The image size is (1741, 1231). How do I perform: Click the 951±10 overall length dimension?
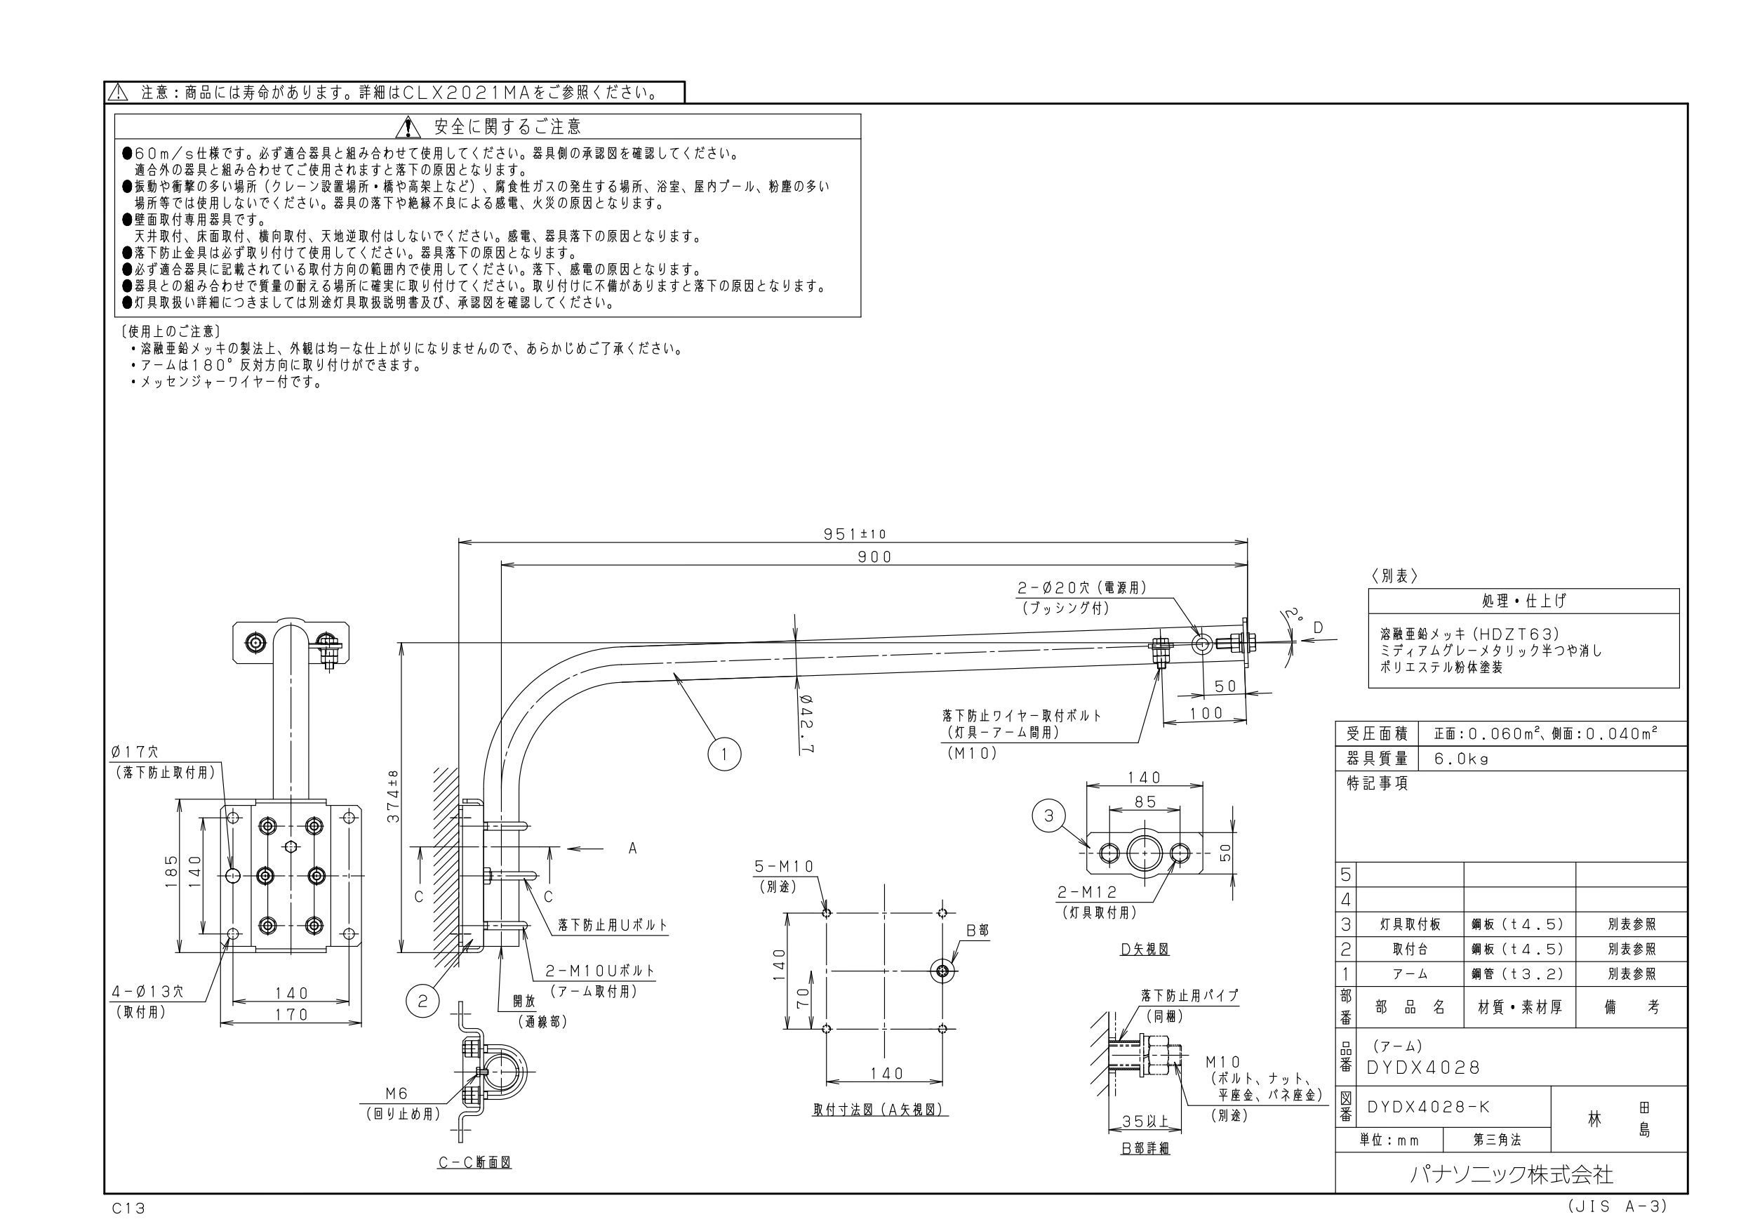(x=855, y=534)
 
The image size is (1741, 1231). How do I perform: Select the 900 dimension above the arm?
(x=874, y=557)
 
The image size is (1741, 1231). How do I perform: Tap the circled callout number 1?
(x=724, y=754)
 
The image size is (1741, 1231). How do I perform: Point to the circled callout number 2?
(x=422, y=1002)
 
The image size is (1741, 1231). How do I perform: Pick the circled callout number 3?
(x=1048, y=816)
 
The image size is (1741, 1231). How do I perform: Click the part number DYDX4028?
(x=1422, y=1068)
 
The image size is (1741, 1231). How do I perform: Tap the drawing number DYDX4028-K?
(x=1429, y=1107)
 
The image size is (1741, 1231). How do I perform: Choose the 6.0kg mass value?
(x=1461, y=759)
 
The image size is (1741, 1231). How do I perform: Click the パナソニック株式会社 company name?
(x=1512, y=1175)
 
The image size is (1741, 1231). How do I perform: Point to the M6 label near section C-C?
(x=396, y=1093)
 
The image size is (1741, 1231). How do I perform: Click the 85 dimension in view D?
(x=1146, y=801)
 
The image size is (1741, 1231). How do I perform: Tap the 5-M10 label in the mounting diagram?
(x=784, y=866)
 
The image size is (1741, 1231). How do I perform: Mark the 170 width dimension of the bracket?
(x=292, y=1015)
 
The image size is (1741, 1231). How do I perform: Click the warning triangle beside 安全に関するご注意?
(x=408, y=126)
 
